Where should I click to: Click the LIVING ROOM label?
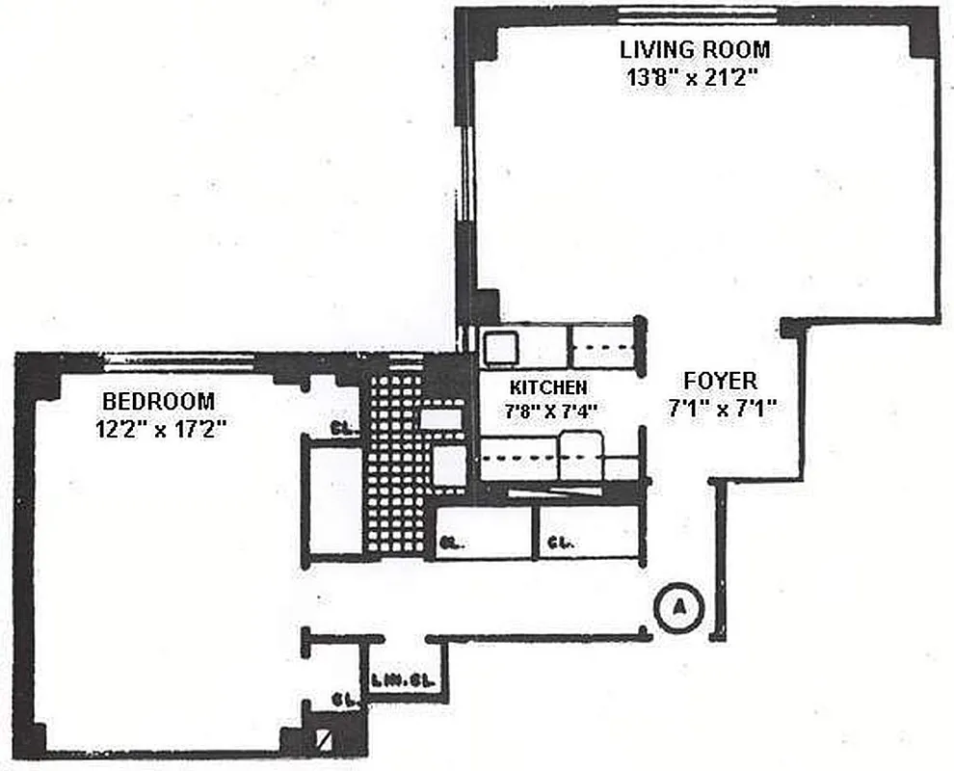694,49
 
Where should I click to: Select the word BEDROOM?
160,400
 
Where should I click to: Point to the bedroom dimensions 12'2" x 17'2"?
160,429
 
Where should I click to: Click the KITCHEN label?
547,387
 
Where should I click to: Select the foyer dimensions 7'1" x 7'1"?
723,409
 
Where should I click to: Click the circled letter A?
680,607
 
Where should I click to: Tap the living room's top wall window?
697,13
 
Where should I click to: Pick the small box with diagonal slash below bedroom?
322,742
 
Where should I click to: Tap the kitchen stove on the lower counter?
580,455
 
